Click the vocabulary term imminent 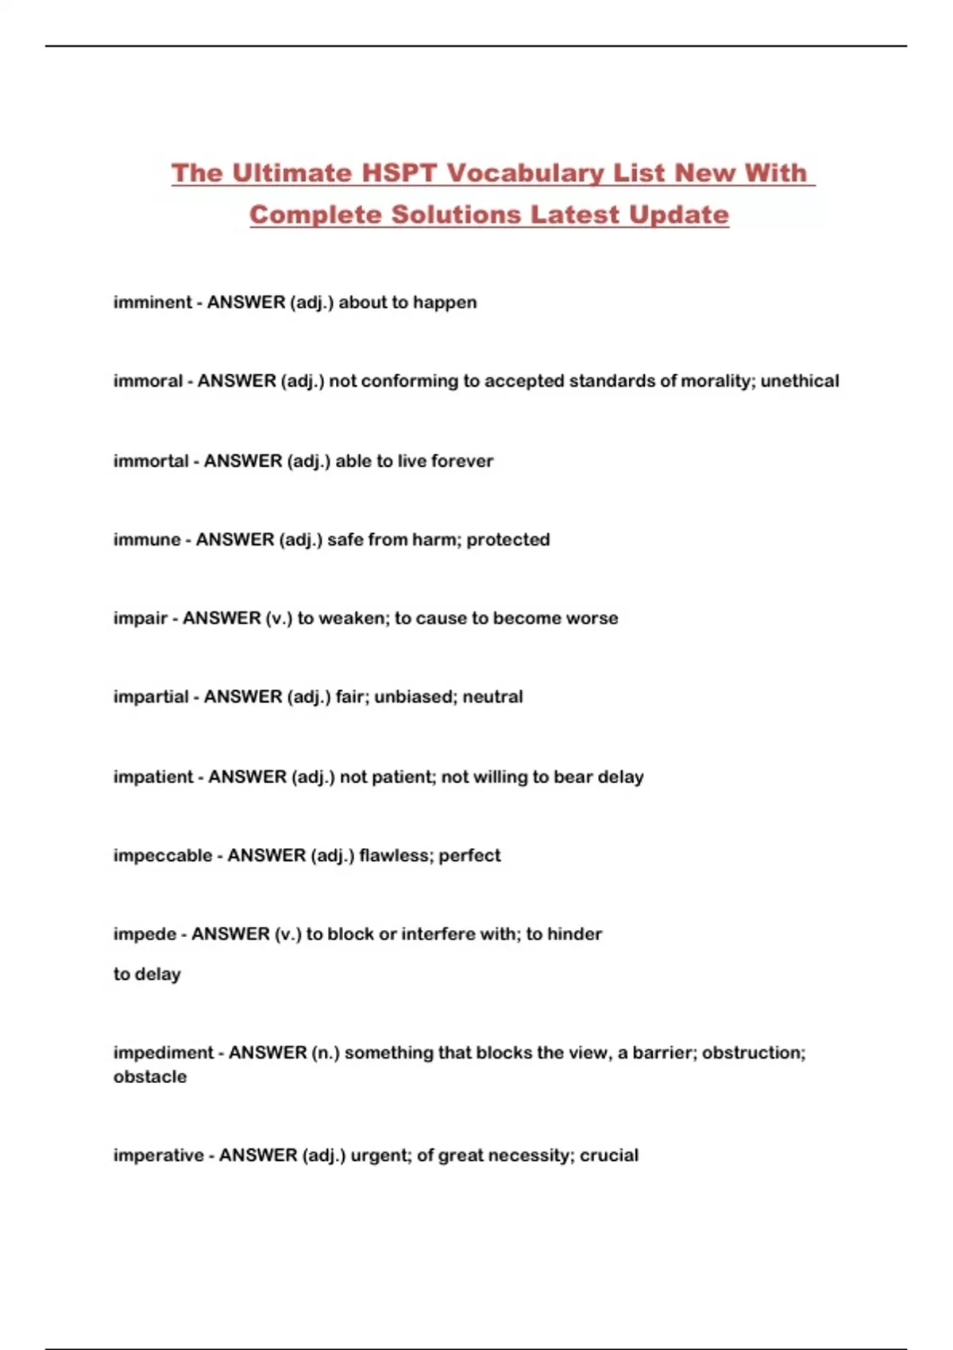point(152,303)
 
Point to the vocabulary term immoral point(148,381)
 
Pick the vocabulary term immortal point(151,461)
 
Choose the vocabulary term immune point(147,540)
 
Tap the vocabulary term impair point(141,619)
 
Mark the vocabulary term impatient point(153,777)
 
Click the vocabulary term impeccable point(163,856)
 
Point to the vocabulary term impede point(145,935)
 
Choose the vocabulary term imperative point(158,1155)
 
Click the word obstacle point(150,1078)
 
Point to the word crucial point(608,1155)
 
